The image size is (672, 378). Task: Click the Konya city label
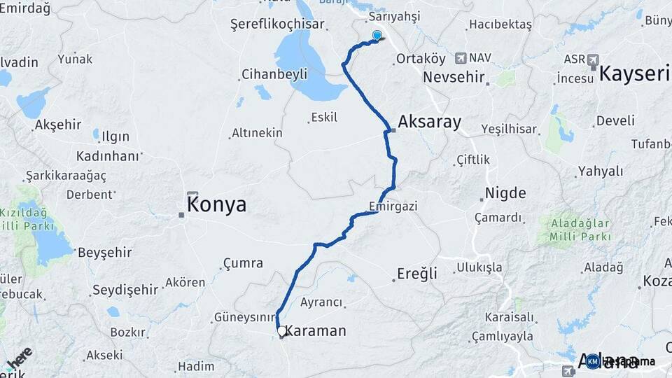click(216, 204)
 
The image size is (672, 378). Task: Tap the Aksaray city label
click(429, 122)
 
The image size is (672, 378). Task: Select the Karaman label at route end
click(315, 330)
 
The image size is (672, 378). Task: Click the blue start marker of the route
click(377, 35)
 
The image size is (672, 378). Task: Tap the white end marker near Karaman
click(281, 330)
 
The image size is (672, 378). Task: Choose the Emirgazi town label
click(393, 206)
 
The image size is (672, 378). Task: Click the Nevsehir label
click(454, 76)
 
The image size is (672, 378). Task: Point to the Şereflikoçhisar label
click(277, 24)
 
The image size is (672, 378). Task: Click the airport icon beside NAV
click(460, 58)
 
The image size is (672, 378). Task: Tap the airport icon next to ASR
click(594, 59)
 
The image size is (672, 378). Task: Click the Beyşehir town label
click(105, 252)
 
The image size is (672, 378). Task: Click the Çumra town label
click(243, 263)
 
